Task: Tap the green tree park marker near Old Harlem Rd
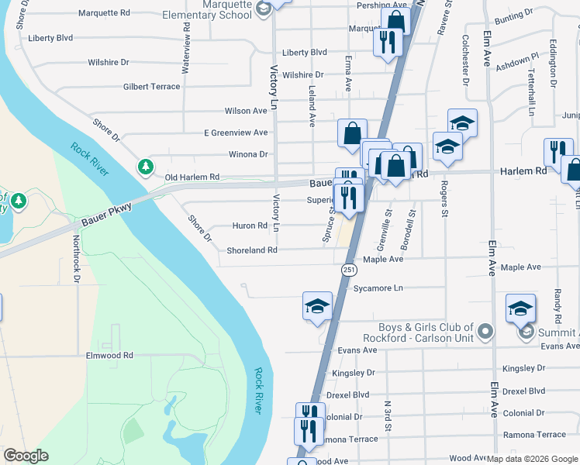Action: tap(145, 167)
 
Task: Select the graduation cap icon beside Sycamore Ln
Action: tap(317, 306)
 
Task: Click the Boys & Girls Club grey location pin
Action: tap(485, 332)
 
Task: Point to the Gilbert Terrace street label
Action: tap(151, 87)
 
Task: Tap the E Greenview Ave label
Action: tap(235, 133)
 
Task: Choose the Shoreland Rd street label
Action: tap(252, 250)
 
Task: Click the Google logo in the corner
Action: tap(26, 456)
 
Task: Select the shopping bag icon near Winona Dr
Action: tap(352, 133)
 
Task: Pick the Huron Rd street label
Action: tap(250, 226)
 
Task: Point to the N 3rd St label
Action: tap(387, 416)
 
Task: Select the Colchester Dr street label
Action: tap(466, 59)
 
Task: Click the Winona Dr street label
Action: tap(247, 154)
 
